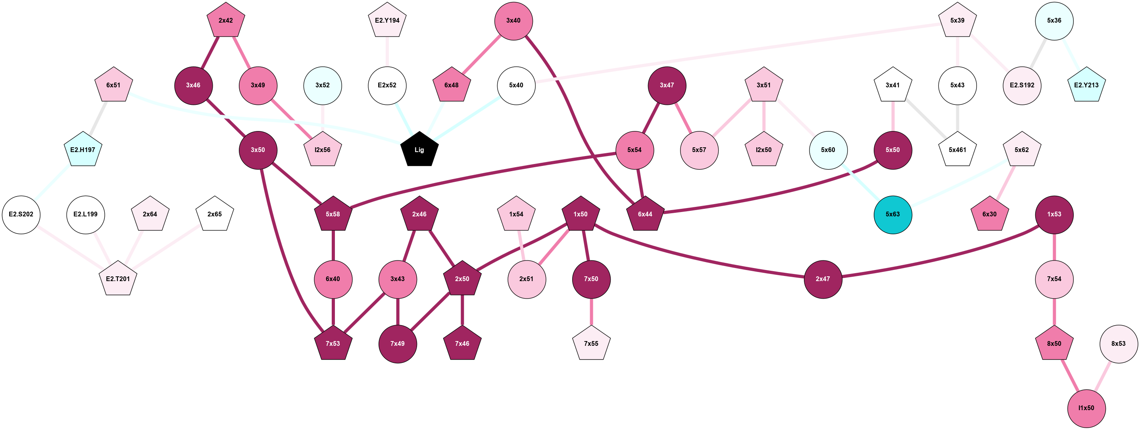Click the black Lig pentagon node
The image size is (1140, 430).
pyautogui.click(x=419, y=150)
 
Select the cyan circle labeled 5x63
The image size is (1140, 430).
pyautogui.click(x=893, y=214)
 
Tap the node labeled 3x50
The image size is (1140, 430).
pyautogui.click(x=258, y=150)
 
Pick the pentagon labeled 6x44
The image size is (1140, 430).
pyautogui.click(x=645, y=214)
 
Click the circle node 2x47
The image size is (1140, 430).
pyautogui.click(x=823, y=279)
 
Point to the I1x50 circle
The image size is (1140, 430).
pyautogui.click(x=1086, y=408)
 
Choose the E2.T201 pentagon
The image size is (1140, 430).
pyautogui.click(x=118, y=279)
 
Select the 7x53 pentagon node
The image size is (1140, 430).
pyautogui.click(x=333, y=344)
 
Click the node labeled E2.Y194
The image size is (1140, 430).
pyautogui.click(x=387, y=20)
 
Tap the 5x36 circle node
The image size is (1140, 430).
pyautogui.click(x=1054, y=21)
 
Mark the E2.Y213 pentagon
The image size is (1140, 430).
pyautogui.click(x=1086, y=85)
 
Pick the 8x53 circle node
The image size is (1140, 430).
pyautogui.click(x=1118, y=344)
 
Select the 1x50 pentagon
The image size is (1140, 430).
pyautogui.click(x=581, y=214)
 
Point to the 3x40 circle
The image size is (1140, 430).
pyautogui.click(x=513, y=21)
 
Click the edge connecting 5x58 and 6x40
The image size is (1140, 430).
pyautogui.click(x=333, y=246)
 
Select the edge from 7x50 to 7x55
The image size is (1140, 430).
pyautogui.click(x=591, y=312)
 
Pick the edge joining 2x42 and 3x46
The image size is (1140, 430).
pyautogui.click(x=210, y=52)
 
